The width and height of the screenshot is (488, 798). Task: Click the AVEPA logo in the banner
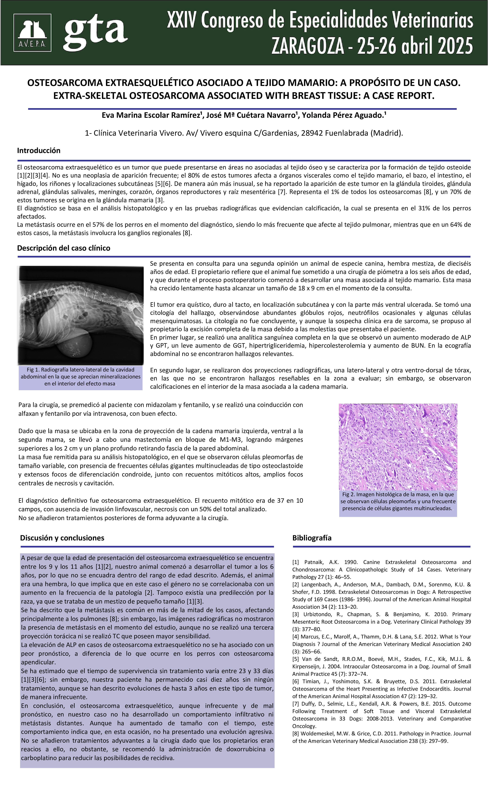click(32, 33)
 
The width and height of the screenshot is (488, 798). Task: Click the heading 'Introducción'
click(39, 151)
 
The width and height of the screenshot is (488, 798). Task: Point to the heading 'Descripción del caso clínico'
click(64, 248)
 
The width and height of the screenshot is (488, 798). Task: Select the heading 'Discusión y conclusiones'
click(62, 538)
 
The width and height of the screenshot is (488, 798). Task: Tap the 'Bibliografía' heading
click(312, 538)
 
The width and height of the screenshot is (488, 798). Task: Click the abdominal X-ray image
click(80, 316)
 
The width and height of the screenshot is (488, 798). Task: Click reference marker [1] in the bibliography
click(295, 562)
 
